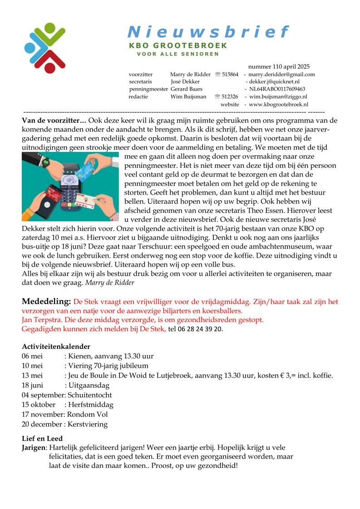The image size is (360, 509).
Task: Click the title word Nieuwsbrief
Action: point(208,32)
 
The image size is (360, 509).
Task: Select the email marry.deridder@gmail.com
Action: point(281,74)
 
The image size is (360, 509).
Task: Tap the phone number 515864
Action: point(230,74)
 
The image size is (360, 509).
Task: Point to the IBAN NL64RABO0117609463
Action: point(277,89)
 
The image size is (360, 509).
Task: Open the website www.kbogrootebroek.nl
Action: point(278,104)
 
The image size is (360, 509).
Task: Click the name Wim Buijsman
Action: point(188,97)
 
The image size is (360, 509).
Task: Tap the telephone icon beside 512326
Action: point(217,97)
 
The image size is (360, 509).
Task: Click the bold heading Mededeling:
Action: point(47,302)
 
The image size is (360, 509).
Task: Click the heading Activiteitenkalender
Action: point(56,347)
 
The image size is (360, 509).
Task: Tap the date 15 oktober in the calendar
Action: point(39,405)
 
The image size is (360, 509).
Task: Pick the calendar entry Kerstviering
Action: point(88,425)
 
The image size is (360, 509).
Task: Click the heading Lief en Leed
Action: point(42,439)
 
